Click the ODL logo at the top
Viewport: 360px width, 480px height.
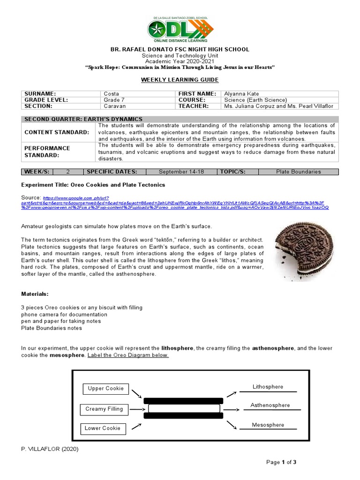(x=180, y=30)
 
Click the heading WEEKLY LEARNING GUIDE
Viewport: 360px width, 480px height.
(x=180, y=80)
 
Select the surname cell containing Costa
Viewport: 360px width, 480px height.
(x=111, y=93)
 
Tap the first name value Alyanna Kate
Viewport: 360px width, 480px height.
(x=241, y=93)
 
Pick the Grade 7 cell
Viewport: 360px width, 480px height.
(x=112, y=100)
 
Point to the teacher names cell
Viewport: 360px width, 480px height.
(x=278, y=106)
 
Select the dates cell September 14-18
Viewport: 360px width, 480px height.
(x=181, y=172)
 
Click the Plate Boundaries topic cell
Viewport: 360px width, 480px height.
(x=298, y=172)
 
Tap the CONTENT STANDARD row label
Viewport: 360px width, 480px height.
(x=57, y=133)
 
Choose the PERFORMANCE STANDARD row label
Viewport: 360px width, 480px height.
(x=47, y=151)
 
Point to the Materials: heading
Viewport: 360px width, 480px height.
(x=35, y=294)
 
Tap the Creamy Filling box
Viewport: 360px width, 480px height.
(x=104, y=409)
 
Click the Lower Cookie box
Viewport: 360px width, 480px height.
(x=103, y=428)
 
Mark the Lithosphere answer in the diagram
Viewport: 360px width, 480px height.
(x=268, y=387)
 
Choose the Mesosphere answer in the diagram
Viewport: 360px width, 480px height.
(x=268, y=425)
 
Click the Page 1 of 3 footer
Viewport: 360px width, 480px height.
(x=281, y=462)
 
